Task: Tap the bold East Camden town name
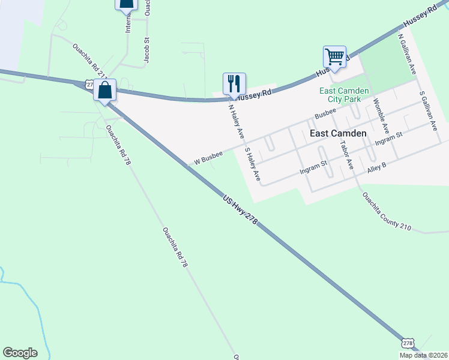click(x=337, y=133)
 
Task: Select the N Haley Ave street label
click(x=235, y=121)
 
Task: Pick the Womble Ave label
click(x=381, y=116)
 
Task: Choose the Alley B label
click(x=376, y=165)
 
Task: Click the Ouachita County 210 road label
click(x=387, y=211)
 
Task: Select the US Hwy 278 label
click(x=240, y=209)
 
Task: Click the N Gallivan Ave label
click(x=408, y=54)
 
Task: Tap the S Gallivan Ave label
click(x=428, y=111)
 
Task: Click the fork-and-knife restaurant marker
click(x=234, y=84)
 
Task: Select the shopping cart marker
click(x=334, y=58)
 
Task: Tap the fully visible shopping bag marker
click(x=104, y=91)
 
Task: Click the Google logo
click(x=20, y=353)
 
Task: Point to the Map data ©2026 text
click(x=423, y=355)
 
